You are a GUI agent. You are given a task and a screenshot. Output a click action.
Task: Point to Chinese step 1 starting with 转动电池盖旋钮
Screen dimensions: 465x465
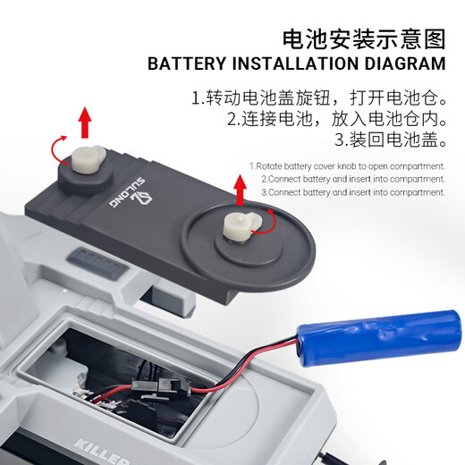click(x=318, y=97)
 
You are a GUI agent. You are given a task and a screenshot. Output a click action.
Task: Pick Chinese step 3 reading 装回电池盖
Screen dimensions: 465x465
click(x=390, y=140)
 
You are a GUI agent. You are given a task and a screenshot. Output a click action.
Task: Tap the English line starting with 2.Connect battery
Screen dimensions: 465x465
click(x=353, y=179)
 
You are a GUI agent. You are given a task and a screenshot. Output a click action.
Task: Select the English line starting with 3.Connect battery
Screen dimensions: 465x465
click(x=353, y=191)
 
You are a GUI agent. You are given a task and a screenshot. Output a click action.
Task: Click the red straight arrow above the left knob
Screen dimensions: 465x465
click(x=84, y=120)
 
